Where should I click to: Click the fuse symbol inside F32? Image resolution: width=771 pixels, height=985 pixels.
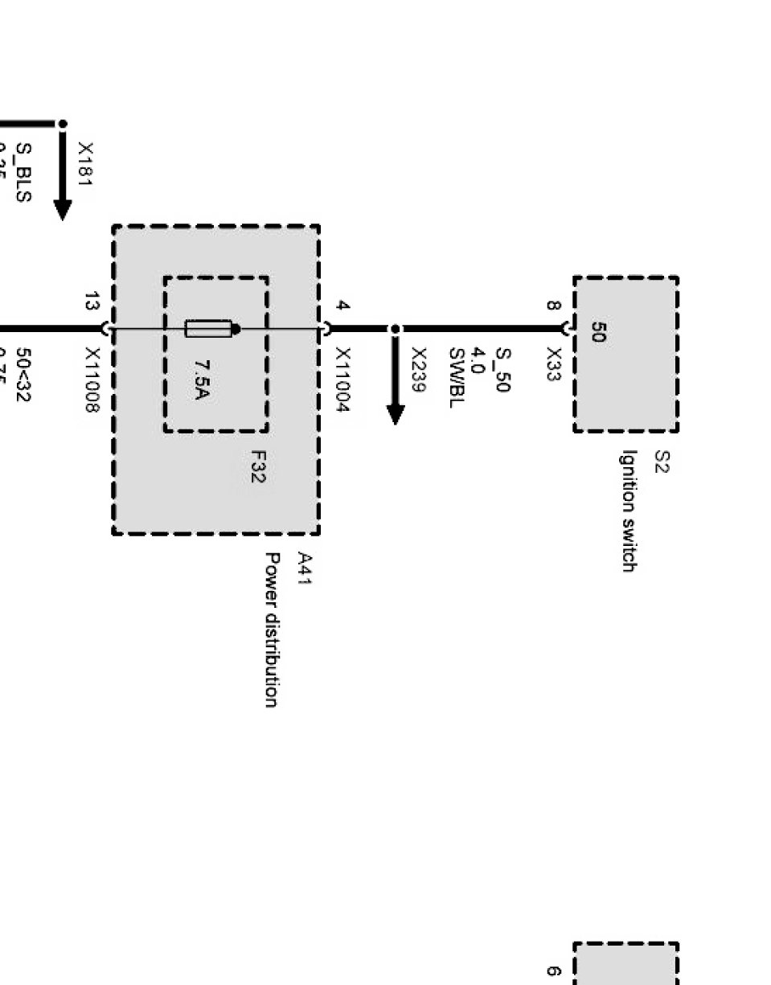209,328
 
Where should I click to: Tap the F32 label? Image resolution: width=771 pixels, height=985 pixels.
256,466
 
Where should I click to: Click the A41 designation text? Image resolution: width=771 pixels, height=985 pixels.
305,568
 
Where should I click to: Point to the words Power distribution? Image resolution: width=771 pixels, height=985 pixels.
273,629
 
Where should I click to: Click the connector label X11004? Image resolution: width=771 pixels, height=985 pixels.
342,380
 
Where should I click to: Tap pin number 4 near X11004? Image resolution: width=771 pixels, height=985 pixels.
342,306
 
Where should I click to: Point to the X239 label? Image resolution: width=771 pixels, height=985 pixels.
418,369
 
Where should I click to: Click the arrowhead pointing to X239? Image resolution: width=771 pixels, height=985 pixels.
395,413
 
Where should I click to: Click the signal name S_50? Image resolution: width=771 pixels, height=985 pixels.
502,370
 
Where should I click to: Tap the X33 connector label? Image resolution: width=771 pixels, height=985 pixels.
554,364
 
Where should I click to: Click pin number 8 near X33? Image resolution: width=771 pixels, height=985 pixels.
553,306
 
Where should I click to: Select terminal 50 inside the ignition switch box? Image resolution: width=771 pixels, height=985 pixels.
598,332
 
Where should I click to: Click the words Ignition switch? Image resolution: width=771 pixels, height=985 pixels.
629,510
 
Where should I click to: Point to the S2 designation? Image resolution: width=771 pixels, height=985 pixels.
661,462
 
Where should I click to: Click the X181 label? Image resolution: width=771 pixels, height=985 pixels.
85,164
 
